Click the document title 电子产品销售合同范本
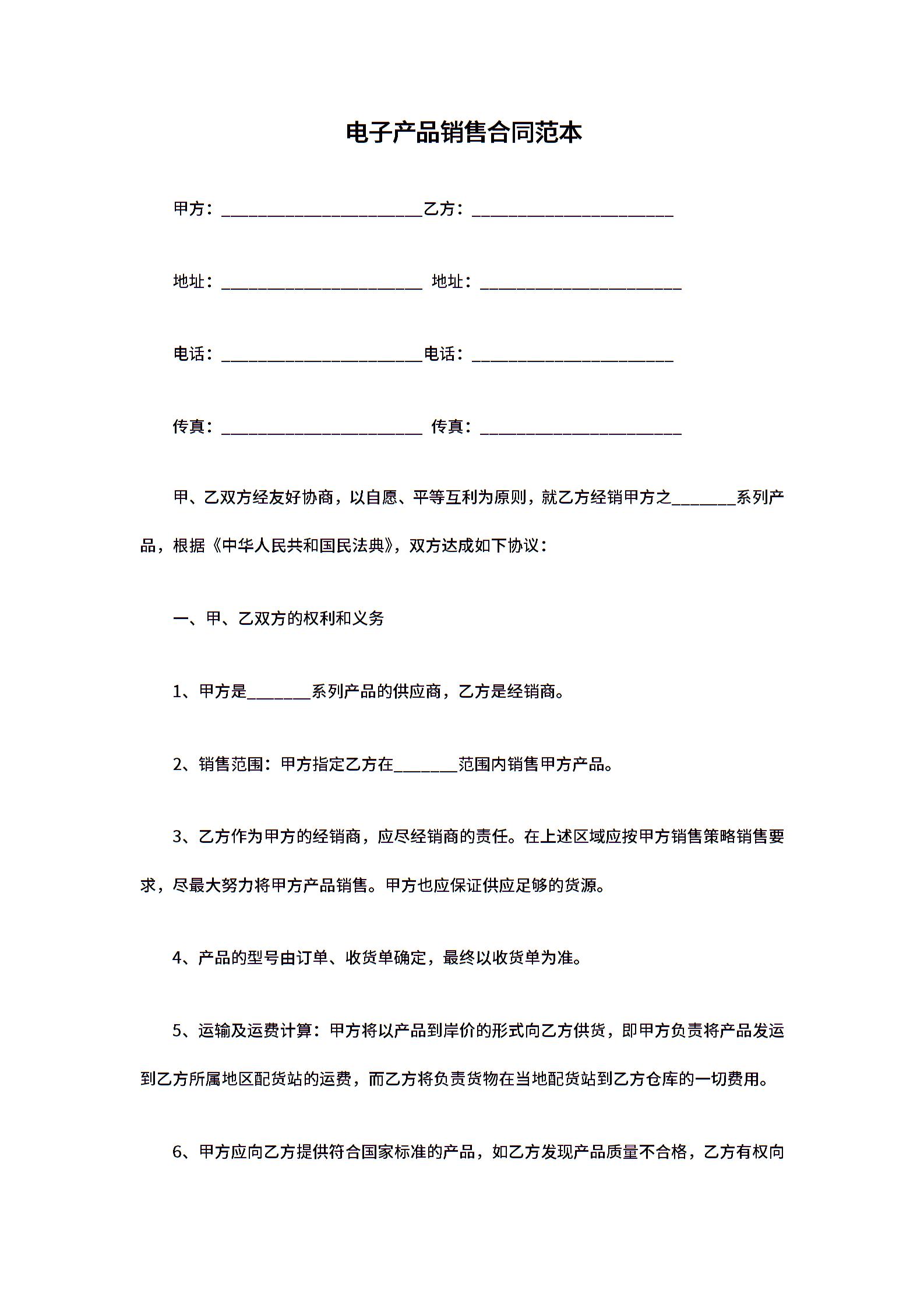tap(464, 133)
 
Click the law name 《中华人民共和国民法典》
tap(304, 546)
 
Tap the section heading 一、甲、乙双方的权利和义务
tap(278, 618)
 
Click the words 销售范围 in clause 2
tap(231, 764)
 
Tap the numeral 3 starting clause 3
tap(178, 837)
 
